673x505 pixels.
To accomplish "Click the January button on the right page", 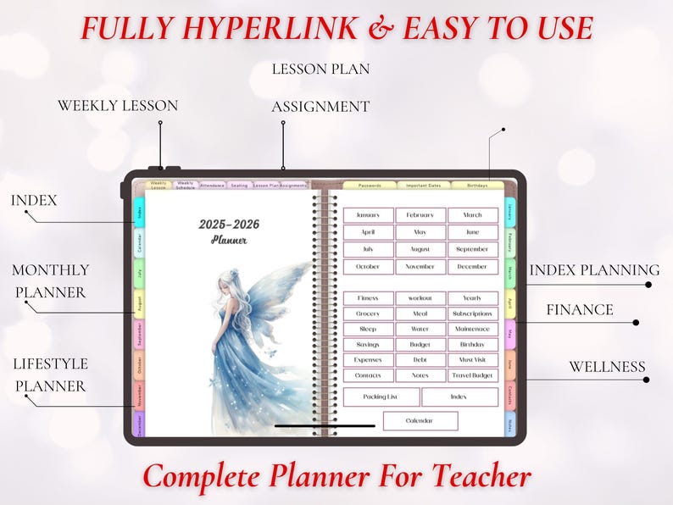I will click(x=368, y=215).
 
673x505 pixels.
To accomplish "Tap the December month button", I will click(x=472, y=266).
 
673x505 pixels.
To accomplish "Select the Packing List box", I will click(x=381, y=397).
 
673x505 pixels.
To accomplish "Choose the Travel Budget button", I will click(x=472, y=375).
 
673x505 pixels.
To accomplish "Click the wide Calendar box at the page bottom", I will click(x=420, y=420).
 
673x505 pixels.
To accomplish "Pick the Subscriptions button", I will click(x=472, y=314).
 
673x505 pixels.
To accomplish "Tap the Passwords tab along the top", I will click(x=370, y=185).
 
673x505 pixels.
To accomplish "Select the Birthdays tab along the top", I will click(x=477, y=185).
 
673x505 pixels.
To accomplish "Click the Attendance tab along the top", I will click(x=212, y=185).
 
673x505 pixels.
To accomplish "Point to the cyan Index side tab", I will click(x=140, y=212).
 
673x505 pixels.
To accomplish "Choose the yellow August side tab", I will click(x=140, y=303).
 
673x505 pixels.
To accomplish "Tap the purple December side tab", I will click(x=140, y=424).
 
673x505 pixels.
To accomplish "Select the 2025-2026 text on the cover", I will click(x=229, y=225).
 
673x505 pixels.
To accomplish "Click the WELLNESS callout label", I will click(x=606, y=368).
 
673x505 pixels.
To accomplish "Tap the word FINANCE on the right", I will click(x=579, y=310).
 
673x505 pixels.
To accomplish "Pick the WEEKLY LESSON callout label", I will click(x=117, y=106).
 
